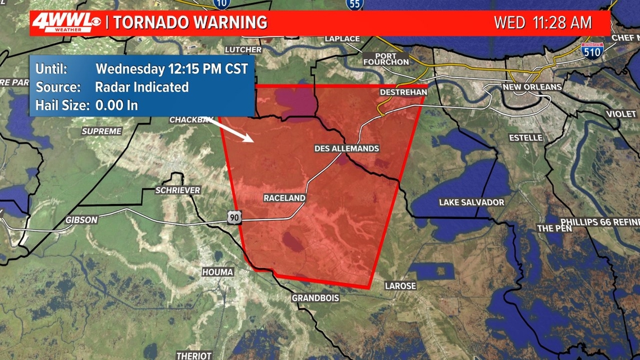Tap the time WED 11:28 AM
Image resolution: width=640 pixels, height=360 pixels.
[x=542, y=23]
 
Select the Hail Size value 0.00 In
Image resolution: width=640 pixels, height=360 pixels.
[x=116, y=105]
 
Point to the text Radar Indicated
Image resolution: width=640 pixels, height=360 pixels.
[x=142, y=87]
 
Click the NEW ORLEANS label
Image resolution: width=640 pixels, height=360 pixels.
[x=532, y=87]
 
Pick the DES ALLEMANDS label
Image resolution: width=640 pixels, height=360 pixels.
[x=346, y=148]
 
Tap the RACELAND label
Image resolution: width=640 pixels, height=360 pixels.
[x=285, y=198]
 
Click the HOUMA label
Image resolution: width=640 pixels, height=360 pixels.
[x=217, y=272]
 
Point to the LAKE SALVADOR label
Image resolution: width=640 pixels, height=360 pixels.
[x=471, y=202]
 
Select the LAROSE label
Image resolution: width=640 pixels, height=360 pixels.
[x=400, y=286]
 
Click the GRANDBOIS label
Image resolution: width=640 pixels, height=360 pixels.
[x=316, y=298]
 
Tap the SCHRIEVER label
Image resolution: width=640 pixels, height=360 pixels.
[x=177, y=190]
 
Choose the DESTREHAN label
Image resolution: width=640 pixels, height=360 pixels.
[x=404, y=92]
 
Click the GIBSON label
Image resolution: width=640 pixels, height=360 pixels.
[x=81, y=220]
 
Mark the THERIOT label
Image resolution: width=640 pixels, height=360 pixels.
[x=194, y=356]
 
